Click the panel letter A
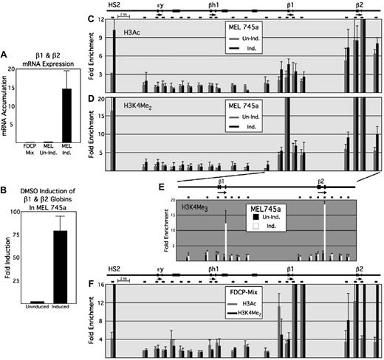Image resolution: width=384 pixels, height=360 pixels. (x=5, y=53)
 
